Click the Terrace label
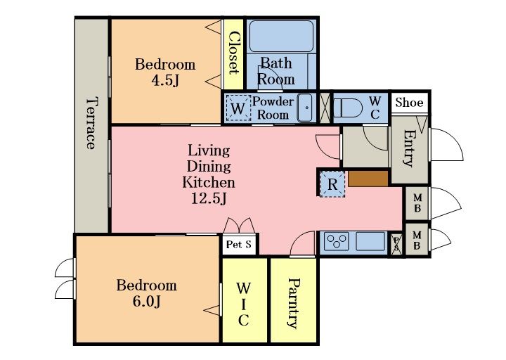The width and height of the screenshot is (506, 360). [x=91, y=123]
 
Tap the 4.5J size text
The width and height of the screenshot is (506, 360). [x=165, y=80]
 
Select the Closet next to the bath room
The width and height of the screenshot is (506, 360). [x=233, y=54]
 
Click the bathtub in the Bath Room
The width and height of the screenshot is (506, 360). [x=281, y=36]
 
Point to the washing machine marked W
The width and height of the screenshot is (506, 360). [x=238, y=108]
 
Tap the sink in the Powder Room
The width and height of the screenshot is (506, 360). [x=305, y=108]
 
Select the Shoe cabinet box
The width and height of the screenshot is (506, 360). [x=410, y=103]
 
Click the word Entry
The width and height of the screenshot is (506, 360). [x=409, y=148]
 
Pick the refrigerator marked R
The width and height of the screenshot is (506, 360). [x=332, y=184]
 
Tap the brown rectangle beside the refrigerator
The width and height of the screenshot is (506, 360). [x=368, y=179]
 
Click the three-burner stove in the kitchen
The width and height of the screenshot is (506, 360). [x=337, y=241]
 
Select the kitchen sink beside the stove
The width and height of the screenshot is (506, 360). [x=370, y=241]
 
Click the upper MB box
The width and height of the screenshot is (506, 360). [x=417, y=203]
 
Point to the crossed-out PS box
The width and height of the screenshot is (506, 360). [x=396, y=244]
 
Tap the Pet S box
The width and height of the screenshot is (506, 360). [x=239, y=245]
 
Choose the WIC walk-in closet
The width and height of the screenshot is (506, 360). [x=245, y=300]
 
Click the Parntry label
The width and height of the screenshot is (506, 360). [x=293, y=303]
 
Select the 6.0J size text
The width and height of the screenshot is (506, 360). [x=146, y=302]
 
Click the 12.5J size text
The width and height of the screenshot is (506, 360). [x=209, y=198]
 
